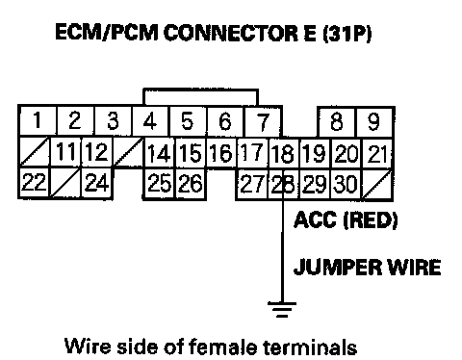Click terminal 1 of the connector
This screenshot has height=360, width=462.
(x=38, y=120)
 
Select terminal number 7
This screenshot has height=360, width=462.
(x=263, y=121)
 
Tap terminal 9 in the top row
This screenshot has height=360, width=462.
(x=373, y=122)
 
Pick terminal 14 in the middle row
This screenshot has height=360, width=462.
(x=160, y=153)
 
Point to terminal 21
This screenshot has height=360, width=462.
(x=377, y=154)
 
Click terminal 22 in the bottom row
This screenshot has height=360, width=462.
(x=34, y=182)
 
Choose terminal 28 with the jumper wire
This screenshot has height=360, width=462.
(x=283, y=184)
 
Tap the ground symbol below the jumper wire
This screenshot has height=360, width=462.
(x=282, y=309)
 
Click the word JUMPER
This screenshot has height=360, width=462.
(x=338, y=267)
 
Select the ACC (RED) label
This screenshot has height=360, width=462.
(x=346, y=219)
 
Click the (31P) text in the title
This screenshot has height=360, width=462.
(x=346, y=33)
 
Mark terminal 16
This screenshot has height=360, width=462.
(x=221, y=152)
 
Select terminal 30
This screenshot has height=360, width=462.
(x=346, y=184)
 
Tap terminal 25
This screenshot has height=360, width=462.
(x=160, y=184)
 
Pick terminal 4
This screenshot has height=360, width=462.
(x=150, y=121)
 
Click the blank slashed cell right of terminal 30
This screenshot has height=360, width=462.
(x=377, y=185)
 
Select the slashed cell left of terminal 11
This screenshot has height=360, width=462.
(x=35, y=151)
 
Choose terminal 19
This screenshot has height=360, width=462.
(x=315, y=153)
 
